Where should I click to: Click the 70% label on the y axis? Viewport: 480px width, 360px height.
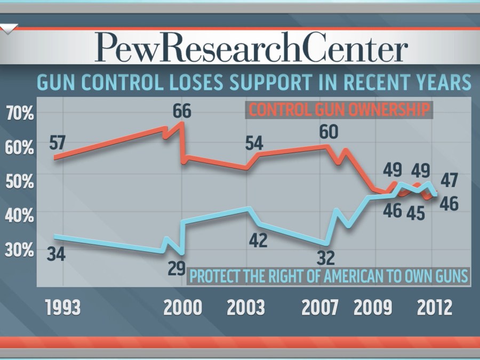tap(19, 113)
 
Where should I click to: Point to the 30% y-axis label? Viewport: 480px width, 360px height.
tap(19, 250)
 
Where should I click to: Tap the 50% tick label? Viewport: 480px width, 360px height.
tap(19, 181)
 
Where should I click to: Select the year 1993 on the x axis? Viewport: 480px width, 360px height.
tap(63, 308)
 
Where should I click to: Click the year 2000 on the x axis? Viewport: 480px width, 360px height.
tap(183, 308)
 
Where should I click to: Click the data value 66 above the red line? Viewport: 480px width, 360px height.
tap(182, 112)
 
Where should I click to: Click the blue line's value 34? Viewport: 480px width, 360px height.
tap(55, 254)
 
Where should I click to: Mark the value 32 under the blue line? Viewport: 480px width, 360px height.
tap(325, 258)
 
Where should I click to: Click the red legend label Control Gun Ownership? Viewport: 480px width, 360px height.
tap(340, 110)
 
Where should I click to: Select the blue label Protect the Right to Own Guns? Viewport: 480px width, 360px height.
tap(329, 277)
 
